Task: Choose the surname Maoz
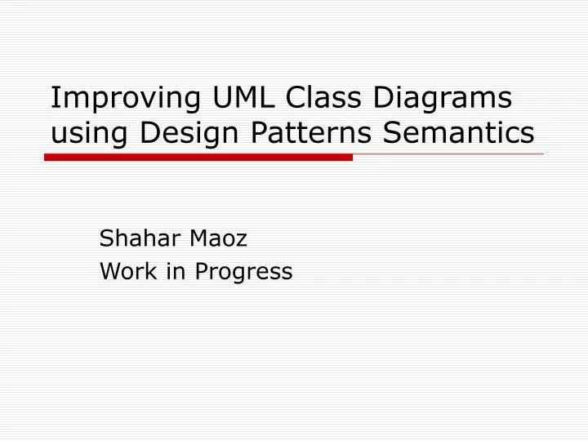(217, 238)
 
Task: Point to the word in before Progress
(174, 271)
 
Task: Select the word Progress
(243, 273)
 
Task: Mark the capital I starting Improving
(54, 98)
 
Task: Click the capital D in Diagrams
(384, 98)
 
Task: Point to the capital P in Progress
(200, 271)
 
